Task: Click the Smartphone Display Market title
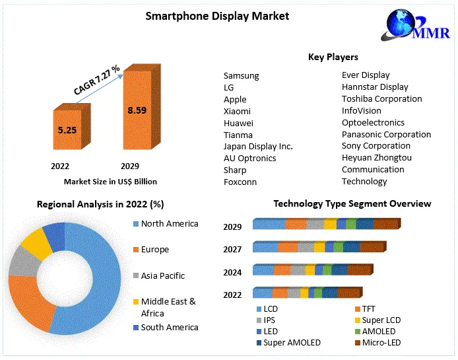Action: pos(217,15)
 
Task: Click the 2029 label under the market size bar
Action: pos(130,166)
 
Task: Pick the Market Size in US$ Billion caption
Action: pos(110,181)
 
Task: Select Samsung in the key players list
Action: pos(241,76)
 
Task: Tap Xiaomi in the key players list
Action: pos(237,112)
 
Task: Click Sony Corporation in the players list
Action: pos(376,146)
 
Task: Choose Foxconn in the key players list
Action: pos(240,182)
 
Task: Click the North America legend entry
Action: pos(169,224)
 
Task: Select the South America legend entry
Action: pos(169,327)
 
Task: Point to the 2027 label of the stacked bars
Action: pos(232,250)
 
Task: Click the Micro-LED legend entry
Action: pos(381,343)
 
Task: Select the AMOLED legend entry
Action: pos(378,332)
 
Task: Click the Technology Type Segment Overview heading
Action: pos(352,203)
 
